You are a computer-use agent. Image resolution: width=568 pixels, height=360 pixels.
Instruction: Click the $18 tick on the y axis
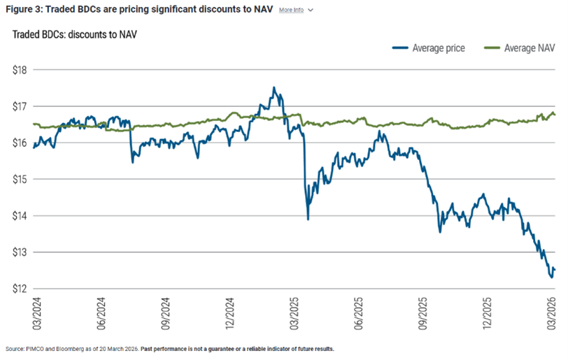20,70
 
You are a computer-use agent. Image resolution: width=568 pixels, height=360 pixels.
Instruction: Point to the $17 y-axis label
20,106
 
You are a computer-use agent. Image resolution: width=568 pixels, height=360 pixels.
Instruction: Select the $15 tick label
20,179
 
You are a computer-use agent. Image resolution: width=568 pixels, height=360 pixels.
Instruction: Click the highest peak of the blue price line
274,87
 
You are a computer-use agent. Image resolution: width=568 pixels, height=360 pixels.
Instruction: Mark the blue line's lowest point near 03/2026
551,278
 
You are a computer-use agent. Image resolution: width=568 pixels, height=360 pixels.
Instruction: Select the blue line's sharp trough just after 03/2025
308,219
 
